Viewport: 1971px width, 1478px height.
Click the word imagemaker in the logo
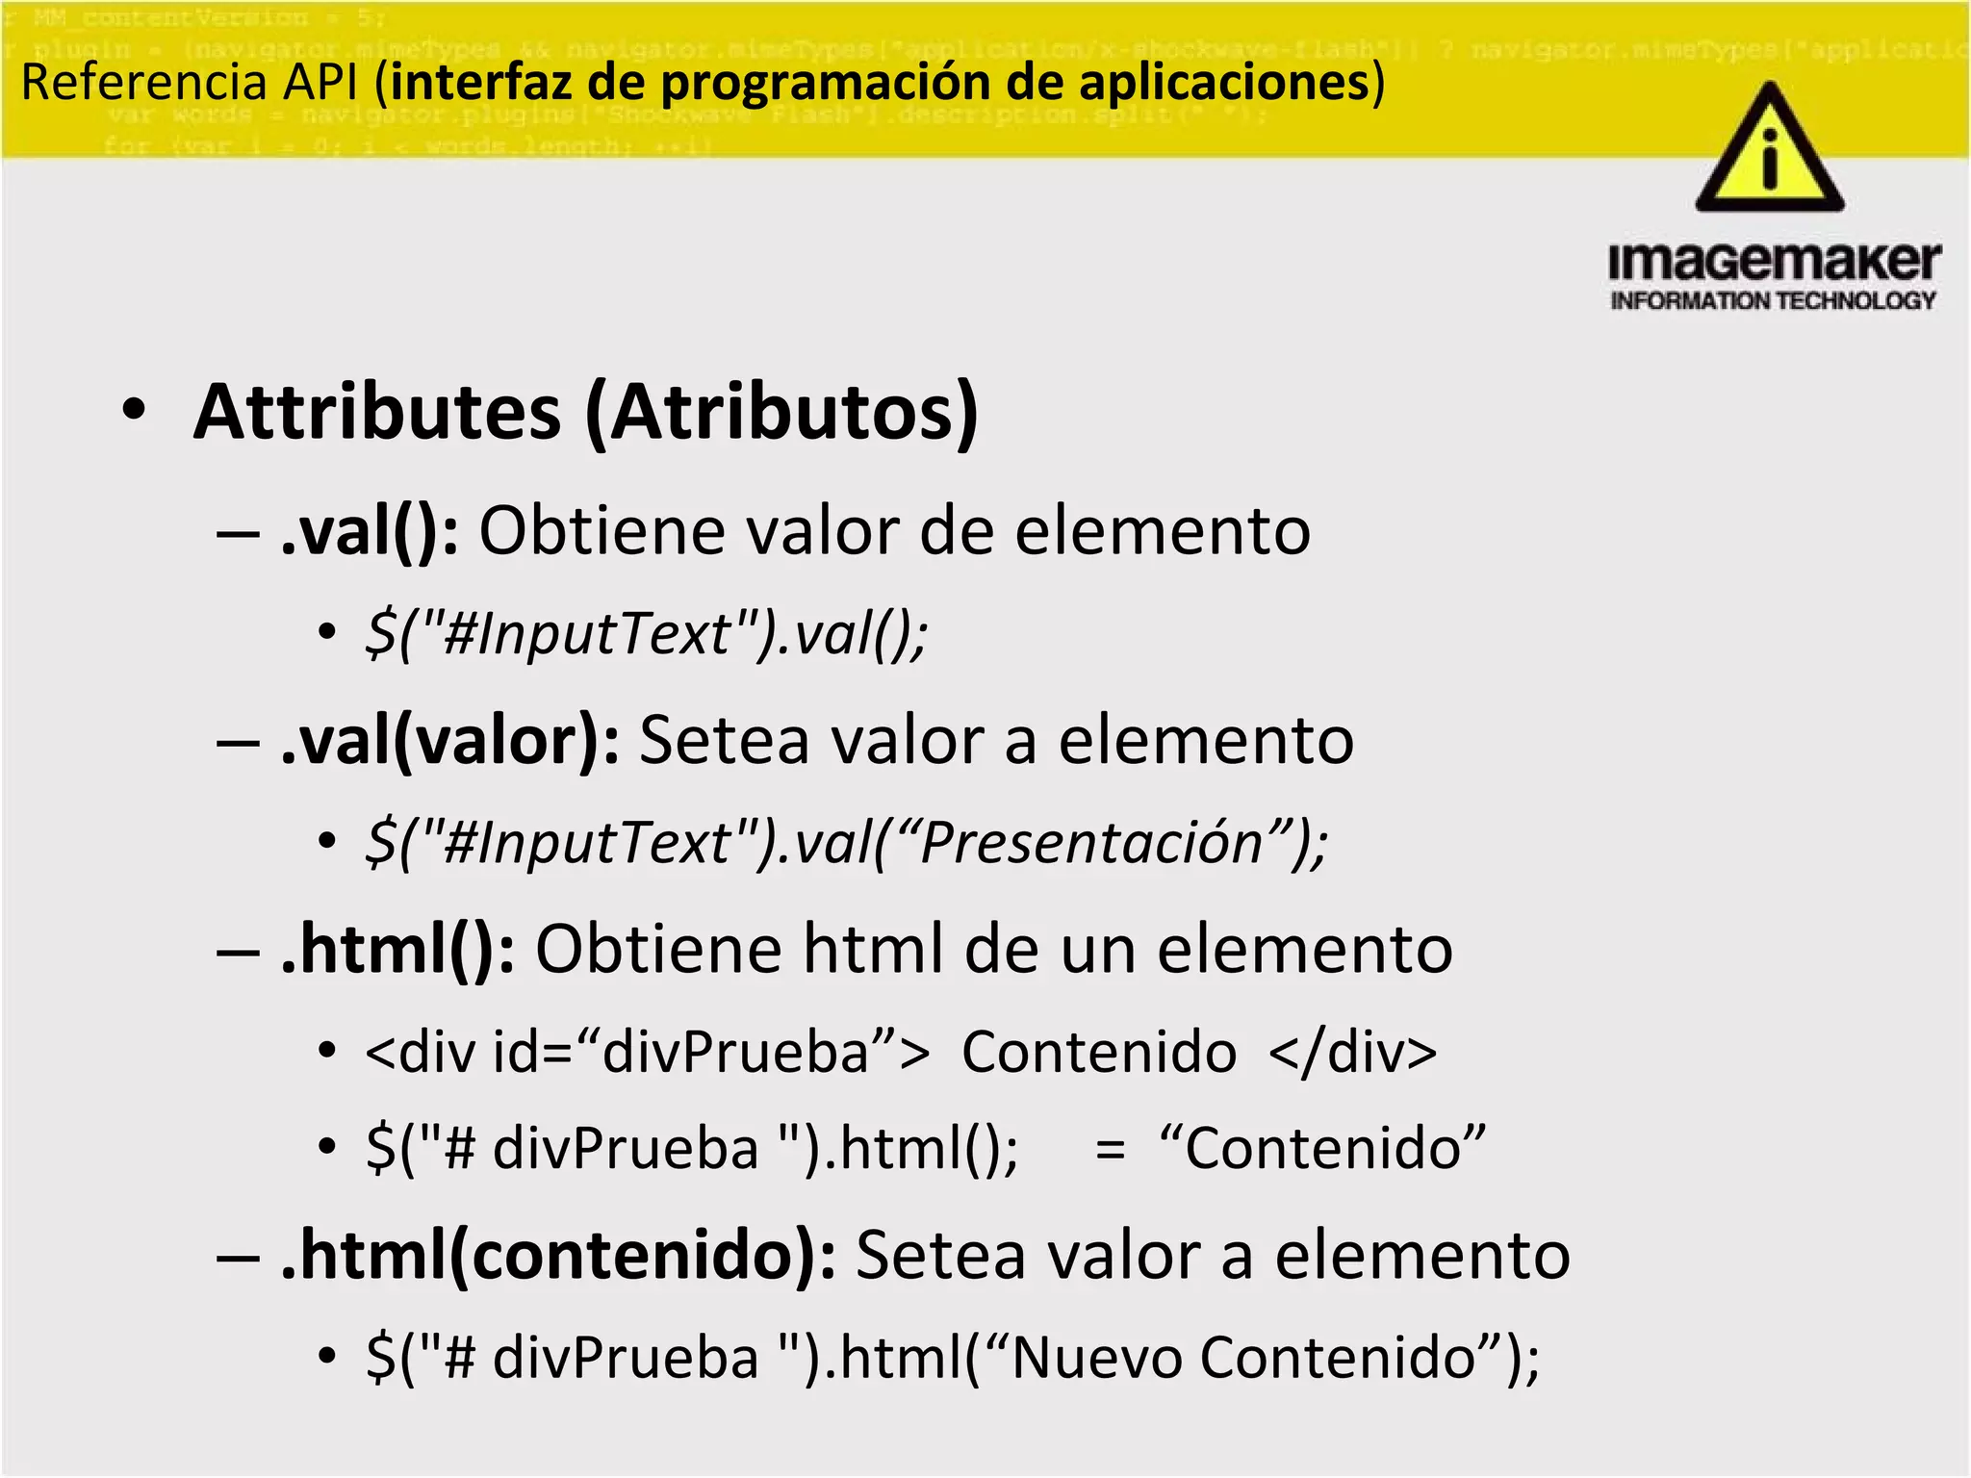(1774, 262)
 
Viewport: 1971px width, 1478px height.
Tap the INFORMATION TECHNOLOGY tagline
(1773, 301)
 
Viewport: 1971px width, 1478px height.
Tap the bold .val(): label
(370, 531)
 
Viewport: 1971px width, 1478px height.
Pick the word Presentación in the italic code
(1090, 843)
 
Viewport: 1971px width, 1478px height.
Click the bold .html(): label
(397, 950)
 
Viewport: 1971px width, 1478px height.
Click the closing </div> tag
(1352, 1051)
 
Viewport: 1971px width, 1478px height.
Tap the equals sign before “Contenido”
(1110, 1149)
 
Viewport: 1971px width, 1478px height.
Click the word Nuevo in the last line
(1096, 1358)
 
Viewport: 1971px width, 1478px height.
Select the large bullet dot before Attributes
(135, 410)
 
